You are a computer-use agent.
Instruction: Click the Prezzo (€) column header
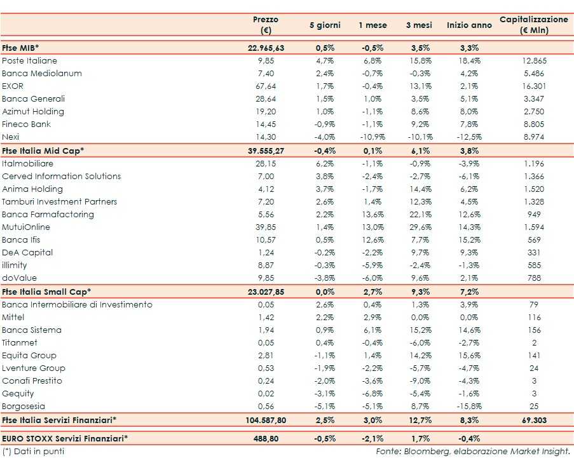265,25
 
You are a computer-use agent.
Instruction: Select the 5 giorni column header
325,25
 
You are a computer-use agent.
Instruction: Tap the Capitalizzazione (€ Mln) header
533,25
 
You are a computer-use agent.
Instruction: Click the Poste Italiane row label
29,60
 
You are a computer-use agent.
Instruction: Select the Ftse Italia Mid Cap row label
43,151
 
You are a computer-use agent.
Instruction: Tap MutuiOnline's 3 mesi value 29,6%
420,227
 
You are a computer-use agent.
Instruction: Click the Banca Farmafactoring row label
48,214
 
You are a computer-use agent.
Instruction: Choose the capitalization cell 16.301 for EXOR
533,86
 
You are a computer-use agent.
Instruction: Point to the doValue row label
19,278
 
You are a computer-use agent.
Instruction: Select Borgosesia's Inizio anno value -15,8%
469,406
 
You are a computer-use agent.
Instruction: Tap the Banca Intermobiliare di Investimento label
77,304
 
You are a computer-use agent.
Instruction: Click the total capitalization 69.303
533,420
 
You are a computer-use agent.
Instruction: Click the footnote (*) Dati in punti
33,452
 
